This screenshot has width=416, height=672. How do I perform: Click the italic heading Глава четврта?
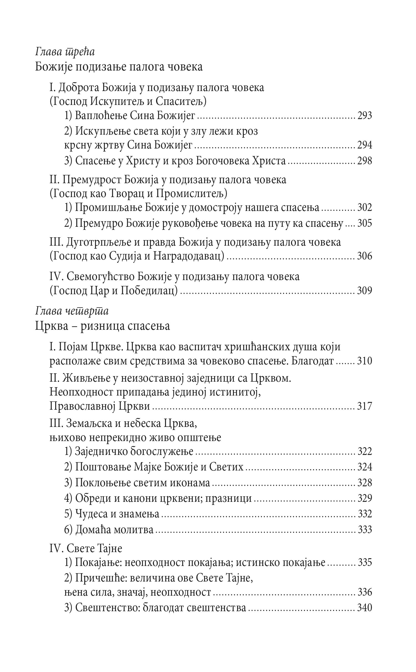point(72,311)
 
